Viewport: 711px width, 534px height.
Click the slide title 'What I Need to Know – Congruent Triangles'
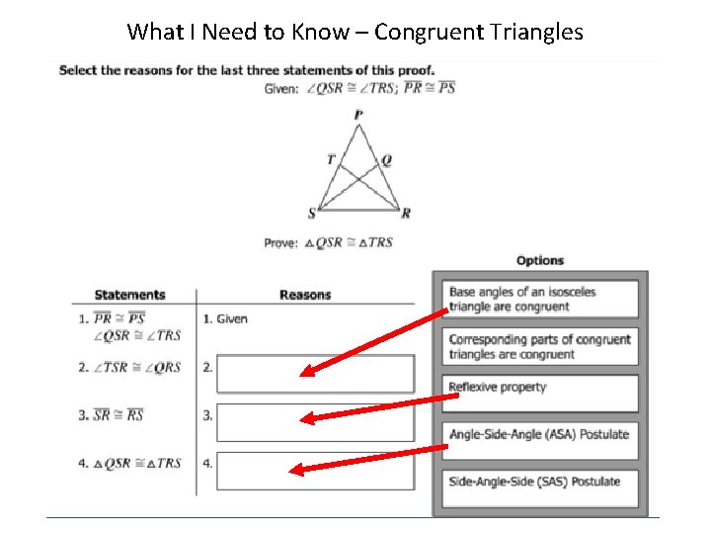tap(355, 32)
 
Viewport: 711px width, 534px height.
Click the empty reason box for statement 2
tap(315, 374)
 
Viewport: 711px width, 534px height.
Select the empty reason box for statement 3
tap(315, 422)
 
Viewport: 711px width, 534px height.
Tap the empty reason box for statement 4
tap(315, 470)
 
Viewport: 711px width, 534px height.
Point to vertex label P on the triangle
tap(357, 116)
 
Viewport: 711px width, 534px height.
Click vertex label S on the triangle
tap(312, 214)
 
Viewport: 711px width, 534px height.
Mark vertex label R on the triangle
tap(406, 214)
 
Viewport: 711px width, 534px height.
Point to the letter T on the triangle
tap(331, 159)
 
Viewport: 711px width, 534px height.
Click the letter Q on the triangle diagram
tap(386, 159)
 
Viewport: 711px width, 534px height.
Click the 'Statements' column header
tap(129, 295)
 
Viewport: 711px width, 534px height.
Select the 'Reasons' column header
tap(305, 295)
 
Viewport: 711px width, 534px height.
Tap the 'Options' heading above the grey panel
tap(540, 261)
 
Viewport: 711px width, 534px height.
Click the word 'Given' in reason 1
tap(232, 319)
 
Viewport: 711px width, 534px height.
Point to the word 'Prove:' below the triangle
tap(281, 243)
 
